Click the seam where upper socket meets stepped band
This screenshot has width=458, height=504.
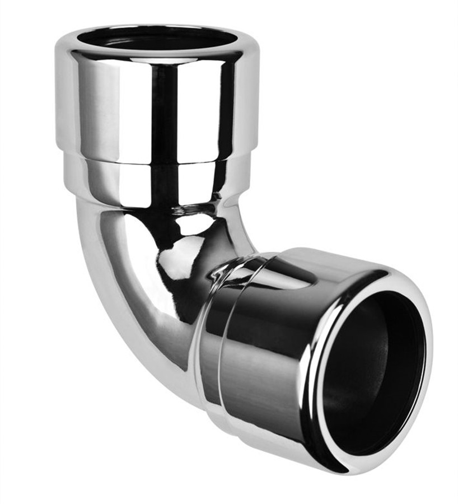[157, 162]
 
